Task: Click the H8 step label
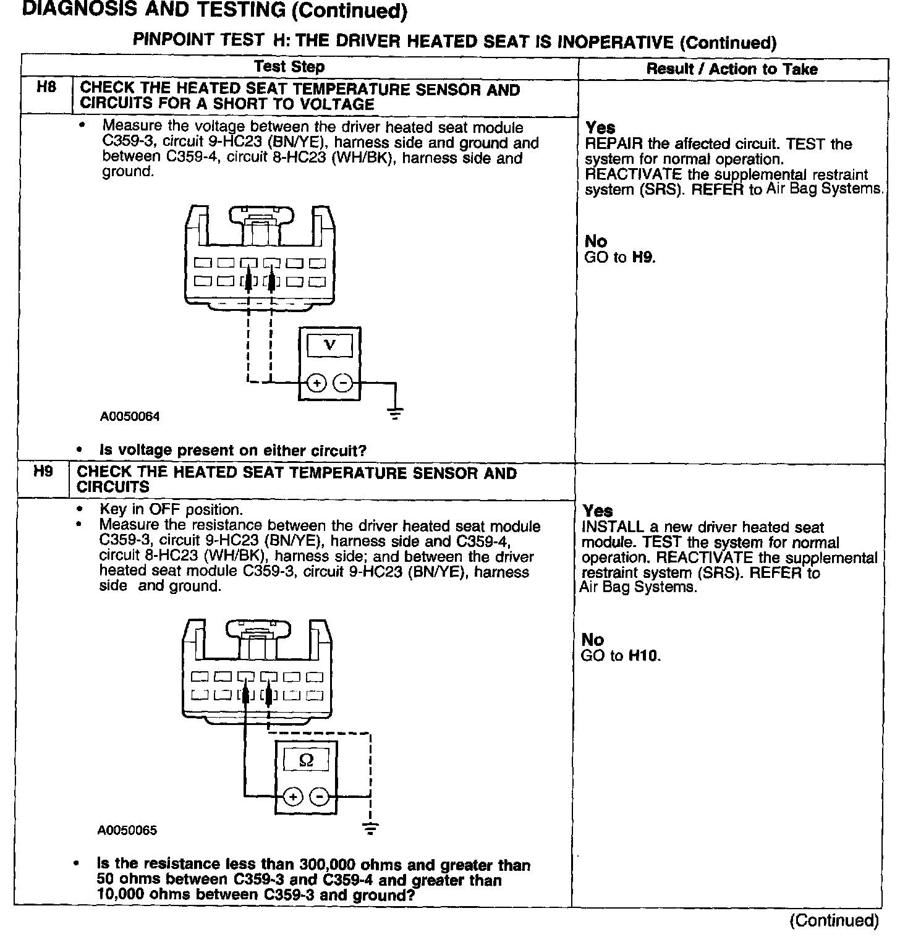pyautogui.click(x=46, y=87)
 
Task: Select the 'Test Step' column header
pyautogui.click(x=289, y=66)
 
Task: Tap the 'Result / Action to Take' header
pyautogui.click(x=732, y=69)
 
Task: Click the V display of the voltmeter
pyautogui.click(x=329, y=345)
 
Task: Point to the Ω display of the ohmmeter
pyautogui.click(x=306, y=758)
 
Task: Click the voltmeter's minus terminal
pyautogui.click(x=342, y=384)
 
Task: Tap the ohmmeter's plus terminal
pyautogui.click(x=293, y=796)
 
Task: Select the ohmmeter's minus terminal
pyautogui.click(x=319, y=796)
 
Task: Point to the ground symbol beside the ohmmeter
pyautogui.click(x=370, y=828)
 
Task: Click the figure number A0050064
pyautogui.click(x=130, y=417)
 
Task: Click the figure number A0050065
pyautogui.click(x=127, y=830)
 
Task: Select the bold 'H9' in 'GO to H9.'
pyautogui.click(x=643, y=257)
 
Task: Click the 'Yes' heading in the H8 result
pyautogui.click(x=600, y=128)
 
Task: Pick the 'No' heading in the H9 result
pyautogui.click(x=593, y=639)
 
